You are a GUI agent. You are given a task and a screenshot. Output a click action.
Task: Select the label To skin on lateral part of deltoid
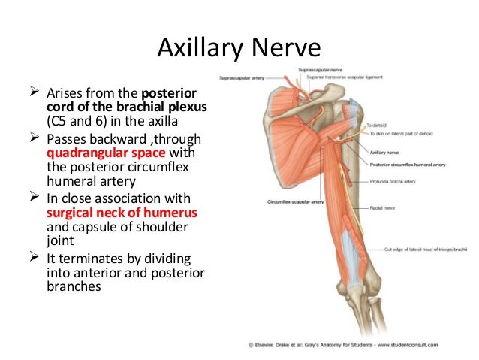point(402,133)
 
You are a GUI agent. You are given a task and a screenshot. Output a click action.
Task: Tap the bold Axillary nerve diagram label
point(387,150)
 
